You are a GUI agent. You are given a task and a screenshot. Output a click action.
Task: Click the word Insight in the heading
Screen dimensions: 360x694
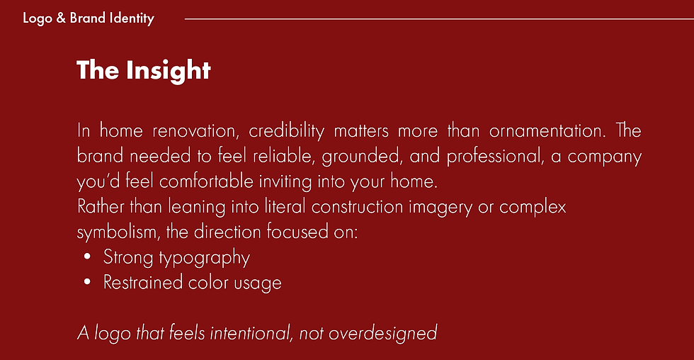169,70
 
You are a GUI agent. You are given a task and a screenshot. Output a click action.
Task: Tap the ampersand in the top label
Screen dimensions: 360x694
60,18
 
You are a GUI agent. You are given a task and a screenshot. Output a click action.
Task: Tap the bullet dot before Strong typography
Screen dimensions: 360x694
87,258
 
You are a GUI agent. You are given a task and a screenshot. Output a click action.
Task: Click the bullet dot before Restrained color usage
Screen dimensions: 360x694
87,283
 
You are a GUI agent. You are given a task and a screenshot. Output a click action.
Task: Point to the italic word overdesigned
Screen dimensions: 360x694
382,332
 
